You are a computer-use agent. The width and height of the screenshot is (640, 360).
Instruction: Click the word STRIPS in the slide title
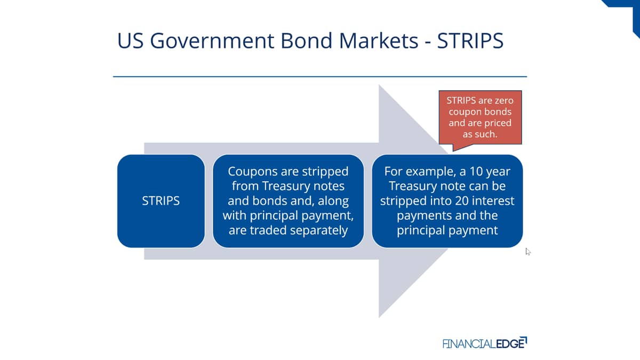(x=470, y=41)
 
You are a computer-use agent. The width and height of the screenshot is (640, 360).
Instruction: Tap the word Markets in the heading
(x=379, y=41)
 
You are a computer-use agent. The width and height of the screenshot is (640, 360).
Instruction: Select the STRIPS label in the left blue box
(x=161, y=201)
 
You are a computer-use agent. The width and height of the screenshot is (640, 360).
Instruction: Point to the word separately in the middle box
(x=317, y=230)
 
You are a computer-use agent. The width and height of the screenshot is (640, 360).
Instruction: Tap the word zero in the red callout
(x=503, y=101)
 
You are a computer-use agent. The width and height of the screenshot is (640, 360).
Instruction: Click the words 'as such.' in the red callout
(x=480, y=134)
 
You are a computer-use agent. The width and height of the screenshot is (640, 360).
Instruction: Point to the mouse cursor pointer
(x=527, y=251)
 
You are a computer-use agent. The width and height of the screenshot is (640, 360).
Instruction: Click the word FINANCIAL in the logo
(x=469, y=343)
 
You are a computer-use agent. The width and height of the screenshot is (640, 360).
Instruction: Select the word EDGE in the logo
(x=510, y=343)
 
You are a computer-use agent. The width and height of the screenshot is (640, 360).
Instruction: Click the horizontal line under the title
(x=320, y=77)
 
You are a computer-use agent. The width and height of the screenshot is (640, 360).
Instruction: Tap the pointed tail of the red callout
(x=453, y=150)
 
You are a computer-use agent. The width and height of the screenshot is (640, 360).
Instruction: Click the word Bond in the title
(x=307, y=41)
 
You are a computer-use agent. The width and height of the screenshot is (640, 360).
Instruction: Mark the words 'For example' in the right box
(x=418, y=172)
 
